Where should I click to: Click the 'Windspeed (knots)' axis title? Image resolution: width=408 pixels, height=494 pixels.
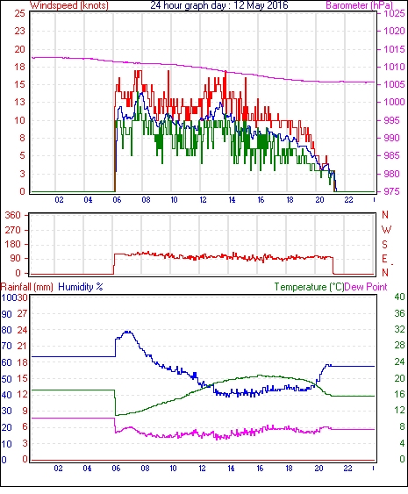pos(69,5)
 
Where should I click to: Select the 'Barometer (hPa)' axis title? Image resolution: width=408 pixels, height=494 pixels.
pos(360,5)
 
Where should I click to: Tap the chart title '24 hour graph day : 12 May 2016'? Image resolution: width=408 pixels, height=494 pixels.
pos(219,5)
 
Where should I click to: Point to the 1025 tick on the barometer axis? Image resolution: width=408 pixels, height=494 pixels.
pos(394,14)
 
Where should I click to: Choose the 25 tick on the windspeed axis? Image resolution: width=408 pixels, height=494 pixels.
pos(19,13)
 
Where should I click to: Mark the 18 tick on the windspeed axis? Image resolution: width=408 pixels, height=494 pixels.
pos(19,67)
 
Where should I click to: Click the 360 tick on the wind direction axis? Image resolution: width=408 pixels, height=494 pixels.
pos(12,216)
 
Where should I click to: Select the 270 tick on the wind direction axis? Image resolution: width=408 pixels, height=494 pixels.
pos(12,230)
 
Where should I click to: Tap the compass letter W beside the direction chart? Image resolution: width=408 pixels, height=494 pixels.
pos(386,230)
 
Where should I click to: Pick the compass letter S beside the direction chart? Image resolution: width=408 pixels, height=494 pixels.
pos(384,244)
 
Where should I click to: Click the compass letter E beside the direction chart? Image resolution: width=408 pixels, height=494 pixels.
pos(384,259)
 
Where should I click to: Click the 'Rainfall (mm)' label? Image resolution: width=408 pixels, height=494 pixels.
pos(27,287)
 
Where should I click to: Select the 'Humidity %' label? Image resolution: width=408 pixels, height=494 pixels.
pos(81,287)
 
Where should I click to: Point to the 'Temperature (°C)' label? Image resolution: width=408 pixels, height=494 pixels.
pos(309,287)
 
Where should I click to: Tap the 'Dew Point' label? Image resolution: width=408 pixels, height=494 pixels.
pos(366,287)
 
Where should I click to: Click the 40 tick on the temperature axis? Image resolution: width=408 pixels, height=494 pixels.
pos(399,297)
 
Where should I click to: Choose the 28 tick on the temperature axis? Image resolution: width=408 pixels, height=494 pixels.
pos(399,346)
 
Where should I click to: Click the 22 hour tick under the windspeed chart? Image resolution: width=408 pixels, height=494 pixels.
pos(348,200)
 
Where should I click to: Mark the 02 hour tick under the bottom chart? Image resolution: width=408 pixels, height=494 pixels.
pos(58,469)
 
